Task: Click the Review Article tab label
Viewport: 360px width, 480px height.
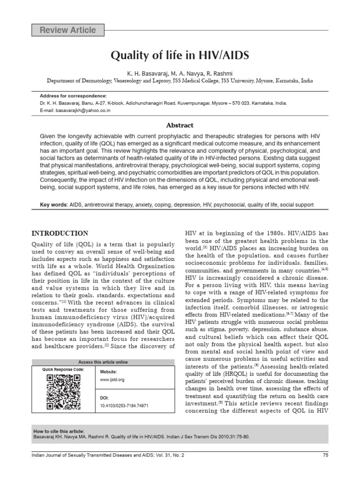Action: [68, 30]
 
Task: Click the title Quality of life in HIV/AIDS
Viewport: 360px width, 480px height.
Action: [180, 56]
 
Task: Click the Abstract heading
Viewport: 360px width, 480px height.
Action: [180, 125]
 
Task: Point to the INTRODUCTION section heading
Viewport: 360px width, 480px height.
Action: [60, 233]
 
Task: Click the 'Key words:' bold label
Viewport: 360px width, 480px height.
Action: [54, 205]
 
